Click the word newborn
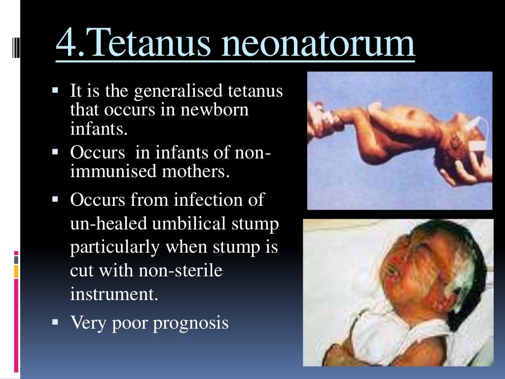215,110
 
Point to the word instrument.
114,294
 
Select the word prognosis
191,323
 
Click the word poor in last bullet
131,323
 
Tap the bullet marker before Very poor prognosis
55,322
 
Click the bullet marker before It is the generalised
55,90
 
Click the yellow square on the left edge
16,271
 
